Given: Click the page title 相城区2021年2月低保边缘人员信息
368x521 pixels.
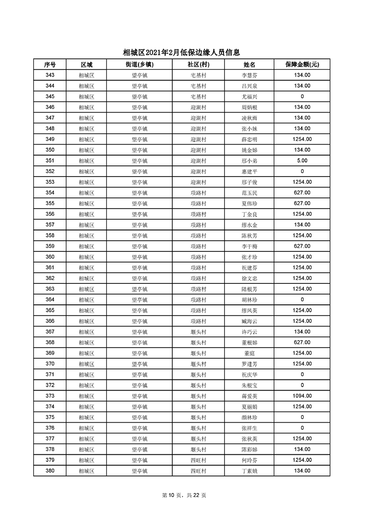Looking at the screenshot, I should click(x=184, y=53).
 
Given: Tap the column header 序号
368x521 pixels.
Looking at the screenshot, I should click(x=50, y=65).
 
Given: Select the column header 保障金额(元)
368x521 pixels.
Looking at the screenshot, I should click(x=302, y=65).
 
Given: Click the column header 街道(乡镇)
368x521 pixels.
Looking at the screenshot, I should click(x=139, y=65).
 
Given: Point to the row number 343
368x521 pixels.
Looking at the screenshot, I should click(x=50, y=75).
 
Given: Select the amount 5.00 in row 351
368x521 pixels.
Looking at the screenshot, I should click(x=302, y=161).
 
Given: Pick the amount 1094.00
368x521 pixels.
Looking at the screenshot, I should click(x=302, y=396).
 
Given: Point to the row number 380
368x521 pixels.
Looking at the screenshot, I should click(x=50, y=471).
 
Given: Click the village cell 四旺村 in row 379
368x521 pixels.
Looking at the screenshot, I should click(x=198, y=460).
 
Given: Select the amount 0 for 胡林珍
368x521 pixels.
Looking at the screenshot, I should click(x=302, y=300).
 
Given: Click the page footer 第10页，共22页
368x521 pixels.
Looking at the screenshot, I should click(x=184, y=495).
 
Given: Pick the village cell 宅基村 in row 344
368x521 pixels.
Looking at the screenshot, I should click(x=198, y=86).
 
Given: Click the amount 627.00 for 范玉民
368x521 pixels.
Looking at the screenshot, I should click(x=302, y=193).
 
